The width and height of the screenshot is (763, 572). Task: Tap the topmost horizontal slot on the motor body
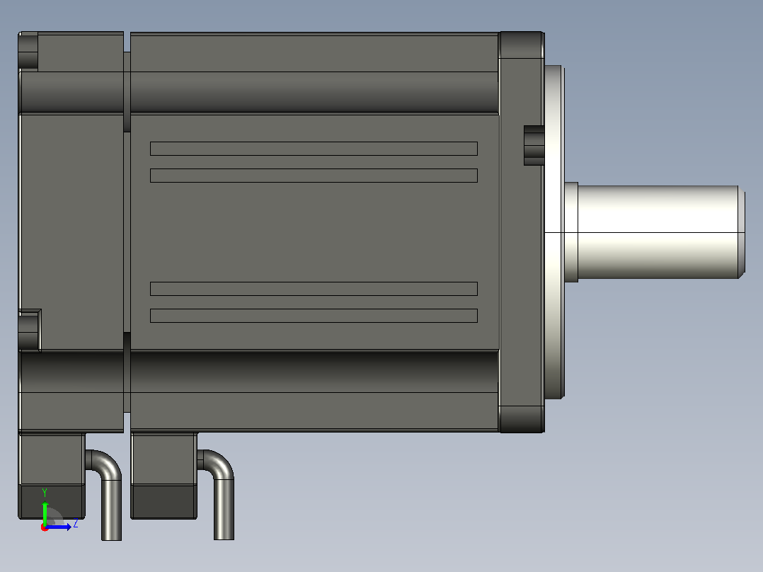pos(314,149)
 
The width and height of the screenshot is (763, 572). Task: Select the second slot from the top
pos(314,176)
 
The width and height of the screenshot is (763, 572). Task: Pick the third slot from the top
pos(314,289)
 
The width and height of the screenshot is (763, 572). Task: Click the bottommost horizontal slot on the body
pos(314,316)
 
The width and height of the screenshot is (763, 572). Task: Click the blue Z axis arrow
pos(57,527)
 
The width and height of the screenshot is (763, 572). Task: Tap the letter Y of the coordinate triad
pos(45,493)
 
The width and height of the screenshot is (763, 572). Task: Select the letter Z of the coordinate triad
pos(76,525)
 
